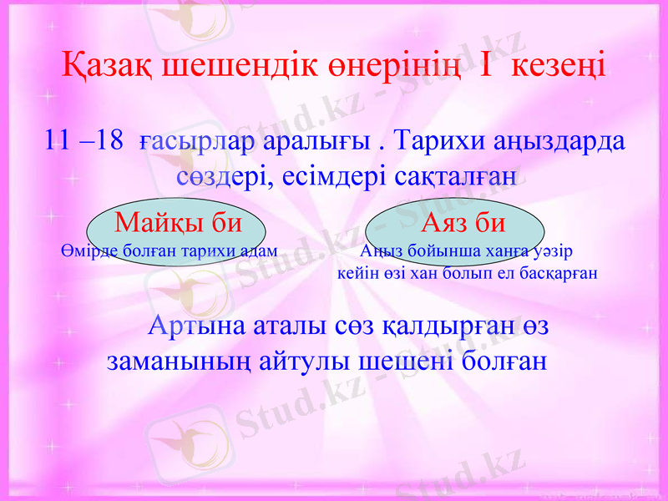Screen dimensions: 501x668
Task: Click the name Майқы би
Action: tap(178, 222)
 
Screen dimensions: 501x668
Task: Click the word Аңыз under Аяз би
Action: tap(380, 250)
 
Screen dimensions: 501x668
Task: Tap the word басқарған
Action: tap(556, 273)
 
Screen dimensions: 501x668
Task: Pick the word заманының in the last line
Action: tap(180, 362)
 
